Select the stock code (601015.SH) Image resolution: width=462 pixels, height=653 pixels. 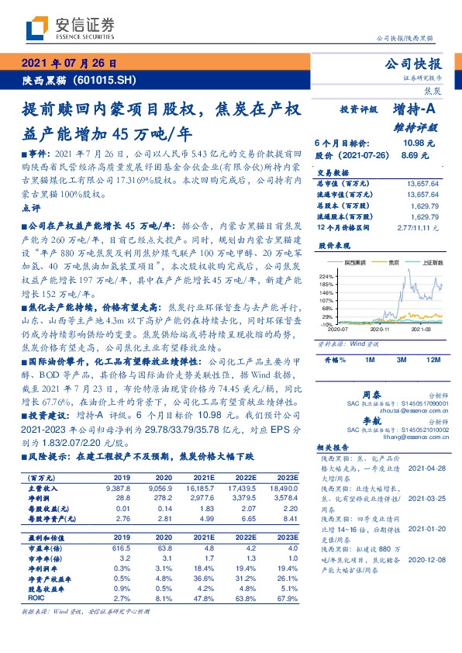105,81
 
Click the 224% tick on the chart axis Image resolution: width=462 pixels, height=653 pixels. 326,276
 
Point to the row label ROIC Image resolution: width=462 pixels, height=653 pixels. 37,598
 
